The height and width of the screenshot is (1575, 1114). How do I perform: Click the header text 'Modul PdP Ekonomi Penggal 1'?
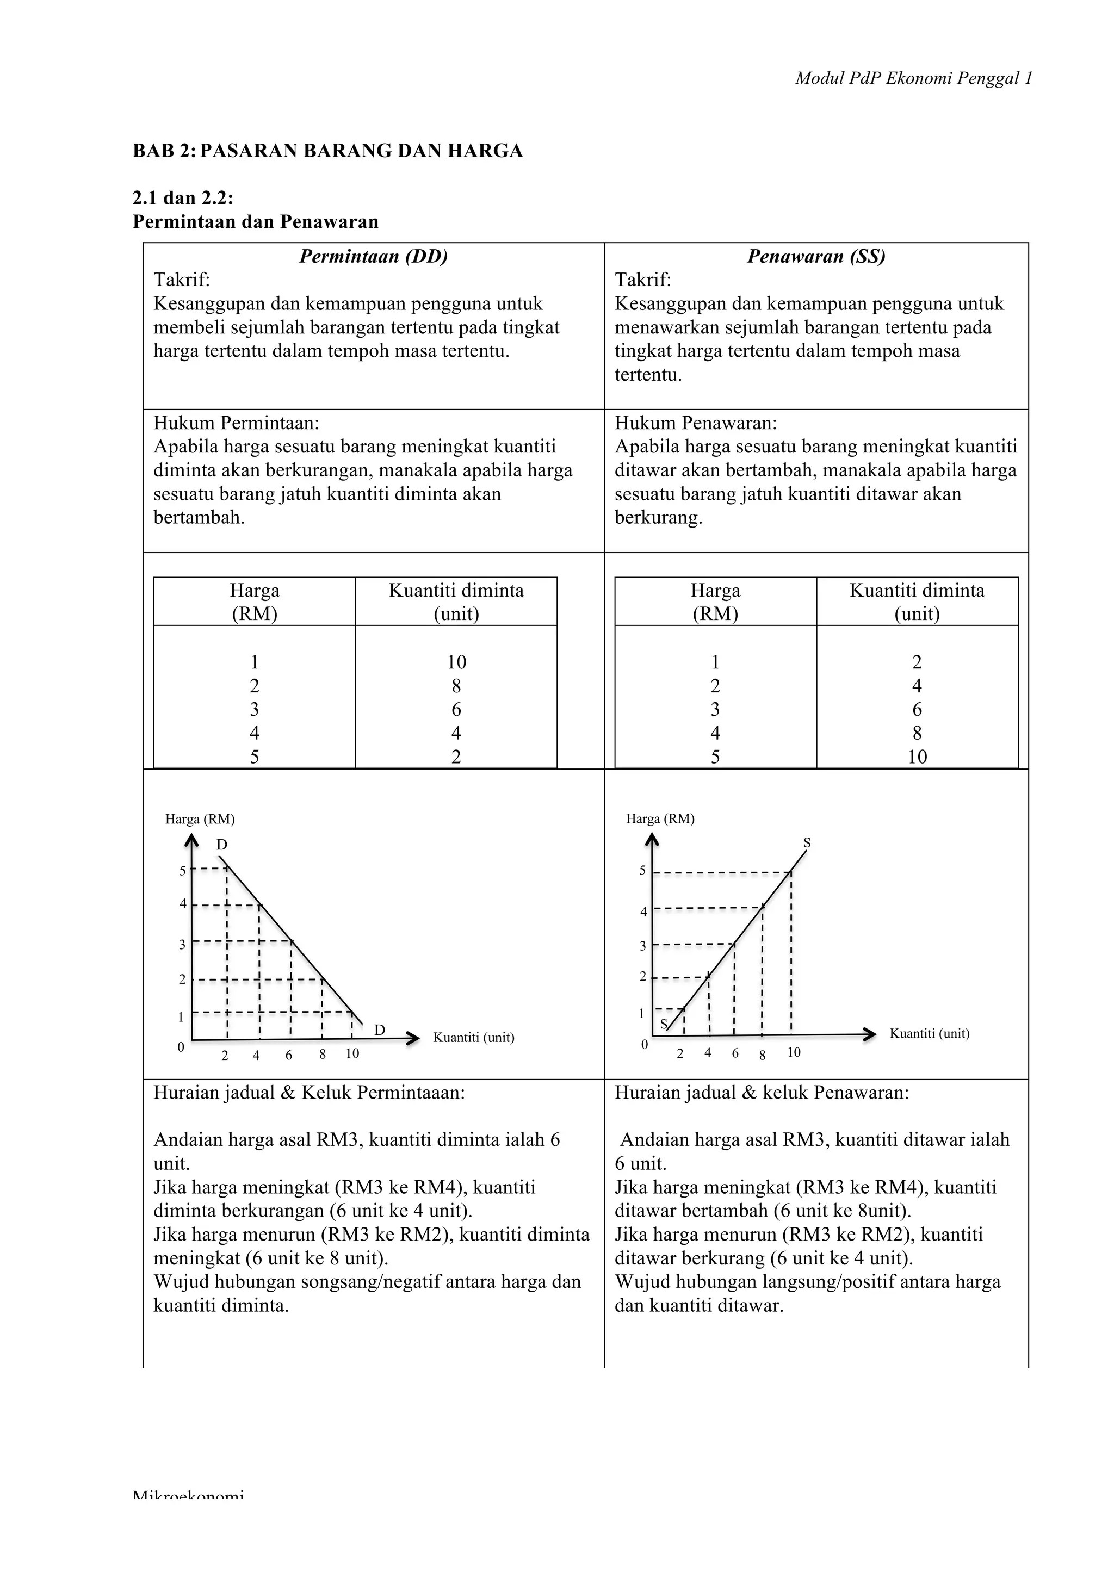coord(913,79)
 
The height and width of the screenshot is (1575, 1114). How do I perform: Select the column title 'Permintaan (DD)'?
coord(373,257)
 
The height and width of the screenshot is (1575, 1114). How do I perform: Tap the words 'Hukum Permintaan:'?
coord(237,423)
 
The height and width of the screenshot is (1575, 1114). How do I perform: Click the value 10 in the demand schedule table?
coord(456,662)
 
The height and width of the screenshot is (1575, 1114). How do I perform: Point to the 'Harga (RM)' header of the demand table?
coord(255,602)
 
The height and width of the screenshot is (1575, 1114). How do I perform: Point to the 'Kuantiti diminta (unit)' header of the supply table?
coord(917,602)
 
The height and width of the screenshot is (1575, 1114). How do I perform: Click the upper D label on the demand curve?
coord(221,845)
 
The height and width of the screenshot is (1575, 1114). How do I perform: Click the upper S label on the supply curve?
coord(807,843)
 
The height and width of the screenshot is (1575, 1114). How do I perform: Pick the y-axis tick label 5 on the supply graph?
coord(643,871)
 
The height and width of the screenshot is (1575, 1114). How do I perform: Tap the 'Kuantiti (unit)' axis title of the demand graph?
coord(473,1037)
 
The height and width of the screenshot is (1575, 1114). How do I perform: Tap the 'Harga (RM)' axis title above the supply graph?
coord(660,818)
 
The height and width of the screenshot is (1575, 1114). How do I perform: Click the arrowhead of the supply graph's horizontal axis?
coord(869,1034)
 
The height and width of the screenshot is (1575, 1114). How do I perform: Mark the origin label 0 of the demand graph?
coord(181,1047)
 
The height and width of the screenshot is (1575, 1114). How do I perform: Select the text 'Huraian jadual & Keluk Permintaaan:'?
coord(308,1093)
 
